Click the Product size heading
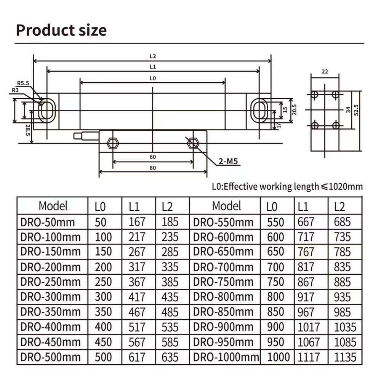[x=61, y=30]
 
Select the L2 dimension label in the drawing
[x=153, y=56]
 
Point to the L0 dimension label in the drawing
[x=153, y=78]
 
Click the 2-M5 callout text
[x=228, y=162]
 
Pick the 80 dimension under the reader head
[x=153, y=168]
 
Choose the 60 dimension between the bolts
[x=153, y=157]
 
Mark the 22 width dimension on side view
[x=325, y=71]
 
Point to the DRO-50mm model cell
[x=47, y=222]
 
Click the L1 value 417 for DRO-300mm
[x=137, y=297]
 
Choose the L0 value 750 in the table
[x=275, y=282]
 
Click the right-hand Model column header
[x=227, y=206]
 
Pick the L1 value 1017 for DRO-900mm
[x=309, y=327]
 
